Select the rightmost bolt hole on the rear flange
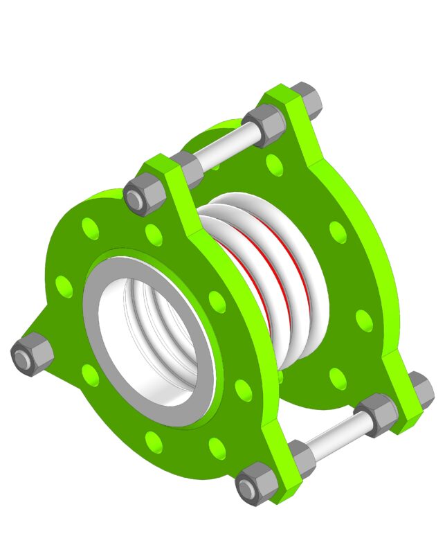click(364, 320)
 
